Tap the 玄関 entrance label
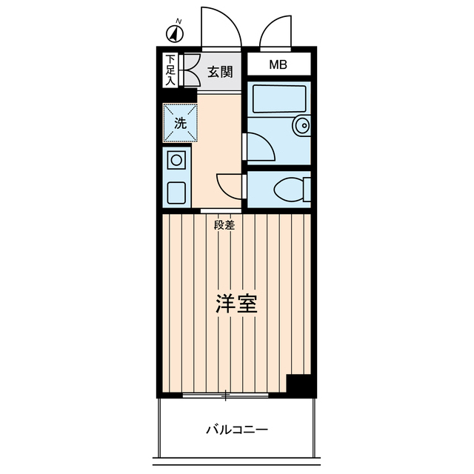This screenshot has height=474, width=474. point(219,72)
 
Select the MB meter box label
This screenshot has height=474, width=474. point(278,65)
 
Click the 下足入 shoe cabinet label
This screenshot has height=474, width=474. point(170,70)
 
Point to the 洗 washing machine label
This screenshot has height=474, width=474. point(180,123)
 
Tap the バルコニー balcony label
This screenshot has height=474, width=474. point(236,430)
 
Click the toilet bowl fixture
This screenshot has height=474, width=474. point(290,190)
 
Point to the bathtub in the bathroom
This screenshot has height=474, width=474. point(278,99)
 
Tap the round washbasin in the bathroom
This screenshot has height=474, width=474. point(301,127)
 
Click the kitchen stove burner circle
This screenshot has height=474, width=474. point(177,159)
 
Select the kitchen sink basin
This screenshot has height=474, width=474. point(177,192)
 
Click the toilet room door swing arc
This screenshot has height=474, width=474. point(230,185)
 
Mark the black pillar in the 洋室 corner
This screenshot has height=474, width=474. point(299,386)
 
